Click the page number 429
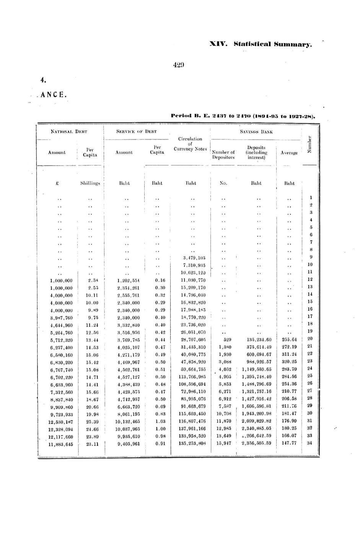tap(179, 65)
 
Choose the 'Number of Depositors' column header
tap(223, 155)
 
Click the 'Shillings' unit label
tap(90, 183)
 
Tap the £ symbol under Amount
tap(57, 183)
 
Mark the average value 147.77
tap(289, 443)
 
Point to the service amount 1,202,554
tap(128, 280)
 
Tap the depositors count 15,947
tap(224, 443)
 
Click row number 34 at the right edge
tap(310, 443)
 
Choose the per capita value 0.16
tap(160, 280)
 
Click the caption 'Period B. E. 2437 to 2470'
tap(243, 115)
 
